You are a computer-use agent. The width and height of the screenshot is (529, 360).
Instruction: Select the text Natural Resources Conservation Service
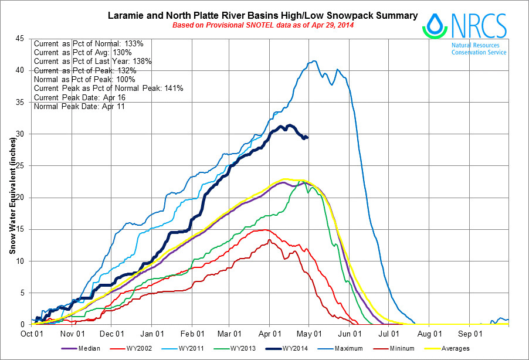pos(479,49)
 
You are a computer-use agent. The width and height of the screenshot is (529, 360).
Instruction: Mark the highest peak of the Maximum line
pos(315,61)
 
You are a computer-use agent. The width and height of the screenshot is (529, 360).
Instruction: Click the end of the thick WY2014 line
pos(307,137)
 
